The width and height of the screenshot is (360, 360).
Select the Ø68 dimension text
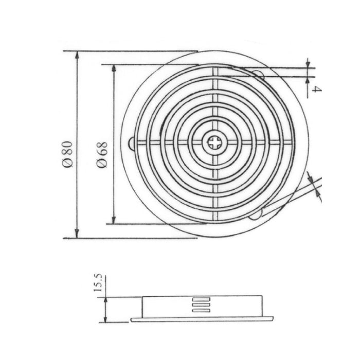point(102,154)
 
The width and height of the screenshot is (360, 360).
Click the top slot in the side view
point(201,300)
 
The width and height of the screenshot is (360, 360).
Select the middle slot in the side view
point(201,304)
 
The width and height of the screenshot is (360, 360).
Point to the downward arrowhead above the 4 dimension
point(308,64)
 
